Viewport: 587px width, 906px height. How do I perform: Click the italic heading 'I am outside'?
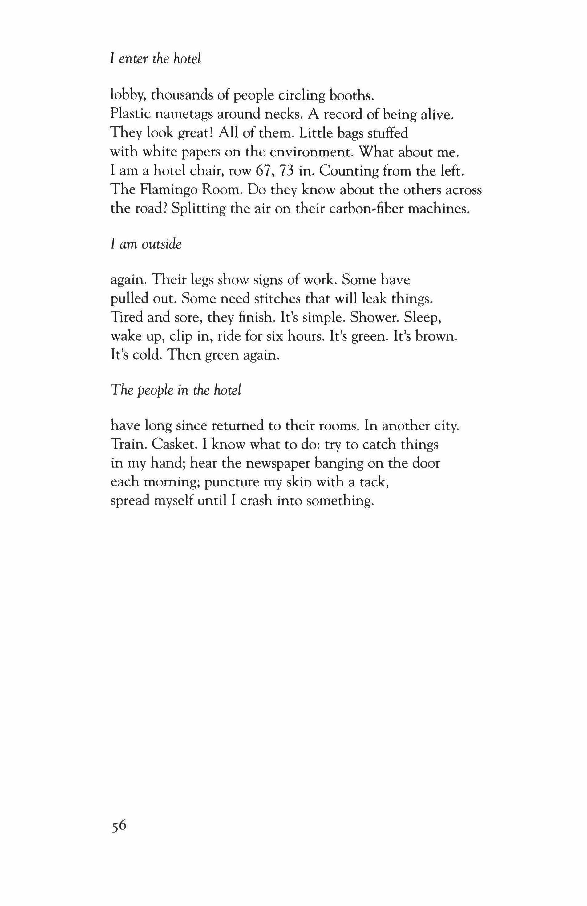(x=146, y=244)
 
